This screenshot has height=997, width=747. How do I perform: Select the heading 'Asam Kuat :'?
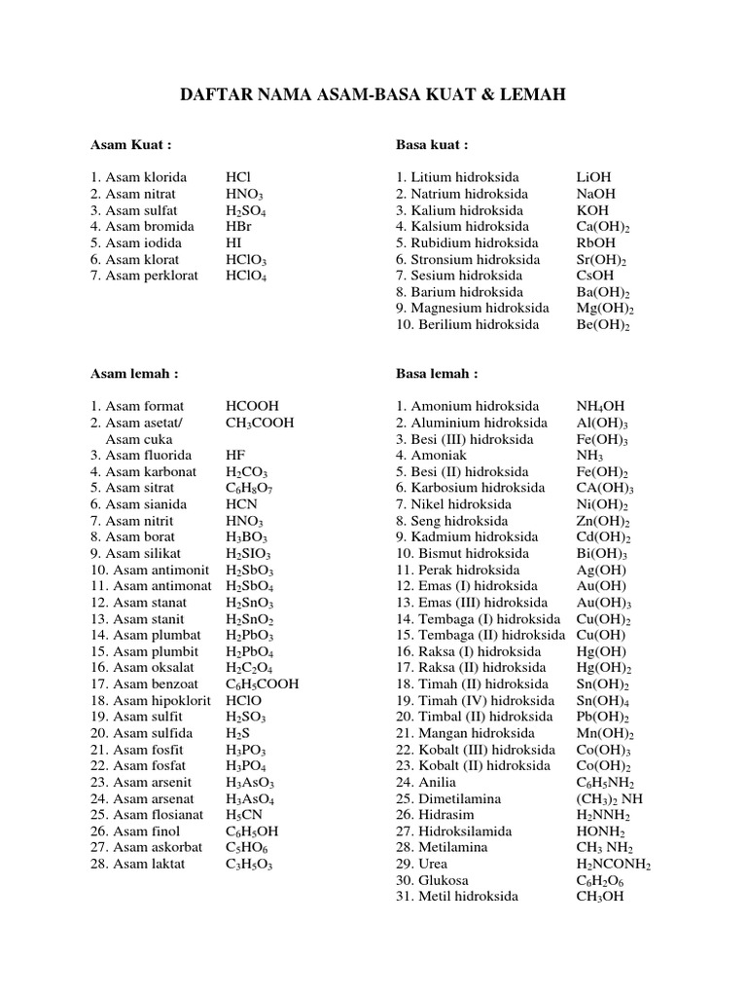coord(131,145)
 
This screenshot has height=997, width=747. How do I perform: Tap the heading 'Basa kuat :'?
coord(432,145)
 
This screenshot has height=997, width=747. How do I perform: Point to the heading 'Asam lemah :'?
coord(134,373)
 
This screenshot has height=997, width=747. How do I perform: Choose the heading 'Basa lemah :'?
coord(436,373)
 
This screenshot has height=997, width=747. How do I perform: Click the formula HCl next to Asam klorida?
coord(238,177)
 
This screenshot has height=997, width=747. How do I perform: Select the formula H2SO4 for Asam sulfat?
coord(246,210)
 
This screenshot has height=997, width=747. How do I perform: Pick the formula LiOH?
coord(594,177)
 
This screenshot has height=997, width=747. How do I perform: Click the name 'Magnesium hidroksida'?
coord(473,308)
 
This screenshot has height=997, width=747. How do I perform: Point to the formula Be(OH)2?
coord(603,324)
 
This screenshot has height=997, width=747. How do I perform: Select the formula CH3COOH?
coord(260,423)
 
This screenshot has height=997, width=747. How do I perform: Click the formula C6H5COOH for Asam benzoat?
coord(263,683)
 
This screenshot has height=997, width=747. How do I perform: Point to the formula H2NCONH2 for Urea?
coord(613,864)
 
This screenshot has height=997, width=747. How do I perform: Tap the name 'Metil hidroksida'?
coord(461,896)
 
